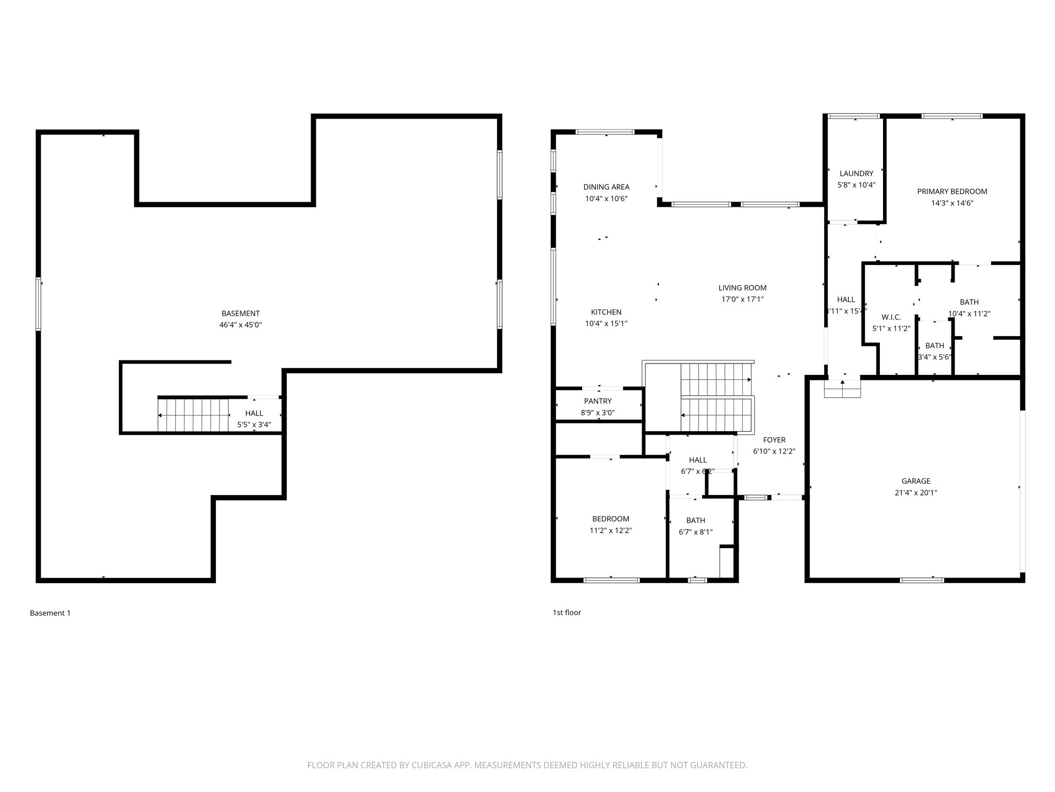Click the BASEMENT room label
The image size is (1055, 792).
point(241,313)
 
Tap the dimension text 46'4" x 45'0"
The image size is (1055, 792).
point(241,325)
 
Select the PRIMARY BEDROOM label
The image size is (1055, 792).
point(952,191)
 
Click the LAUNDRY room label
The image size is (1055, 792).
point(856,174)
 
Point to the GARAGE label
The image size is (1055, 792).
point(915,481)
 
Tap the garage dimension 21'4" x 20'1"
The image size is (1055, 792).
point(915,492)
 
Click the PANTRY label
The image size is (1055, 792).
point(598,401)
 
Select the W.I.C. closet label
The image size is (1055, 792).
point(891,317)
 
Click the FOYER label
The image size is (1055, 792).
point(774,440)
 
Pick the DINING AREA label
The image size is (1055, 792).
point(606,187)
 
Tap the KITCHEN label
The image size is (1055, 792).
point(606,312)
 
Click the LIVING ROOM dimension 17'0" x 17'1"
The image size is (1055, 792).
point(742,299)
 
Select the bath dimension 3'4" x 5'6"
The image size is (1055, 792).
point(934,357)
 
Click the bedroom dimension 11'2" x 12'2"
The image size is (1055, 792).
point(610,530)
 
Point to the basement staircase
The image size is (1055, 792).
point(193,415)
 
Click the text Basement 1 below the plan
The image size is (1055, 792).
point(50,613)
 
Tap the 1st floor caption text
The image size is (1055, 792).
point(567,613)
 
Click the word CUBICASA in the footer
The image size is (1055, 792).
point(425,765)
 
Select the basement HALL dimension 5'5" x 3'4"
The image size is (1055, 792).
point(254,425)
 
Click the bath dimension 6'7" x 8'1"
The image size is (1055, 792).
point(695,532)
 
